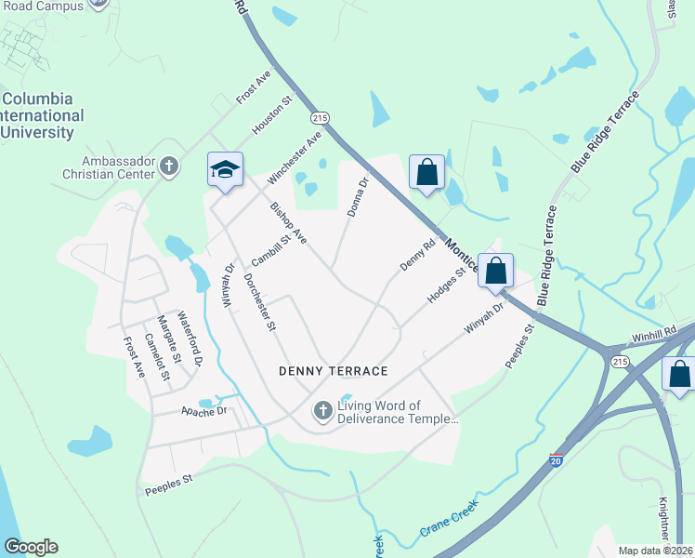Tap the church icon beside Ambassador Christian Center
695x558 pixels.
pos(168,166)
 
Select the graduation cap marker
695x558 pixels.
pos(225,169)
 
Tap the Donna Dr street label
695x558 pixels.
pos(359,198)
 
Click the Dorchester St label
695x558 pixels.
pos(260,303)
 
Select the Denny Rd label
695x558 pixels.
pos(417,257)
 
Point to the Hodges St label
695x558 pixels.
pos(445,286)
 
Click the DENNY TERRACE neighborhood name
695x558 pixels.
pos(334,371)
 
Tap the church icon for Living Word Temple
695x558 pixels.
pos(323,410)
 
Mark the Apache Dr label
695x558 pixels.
pos(203,409)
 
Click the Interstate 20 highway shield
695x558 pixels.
pos(556,459)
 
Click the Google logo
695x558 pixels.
pos(31,547)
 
